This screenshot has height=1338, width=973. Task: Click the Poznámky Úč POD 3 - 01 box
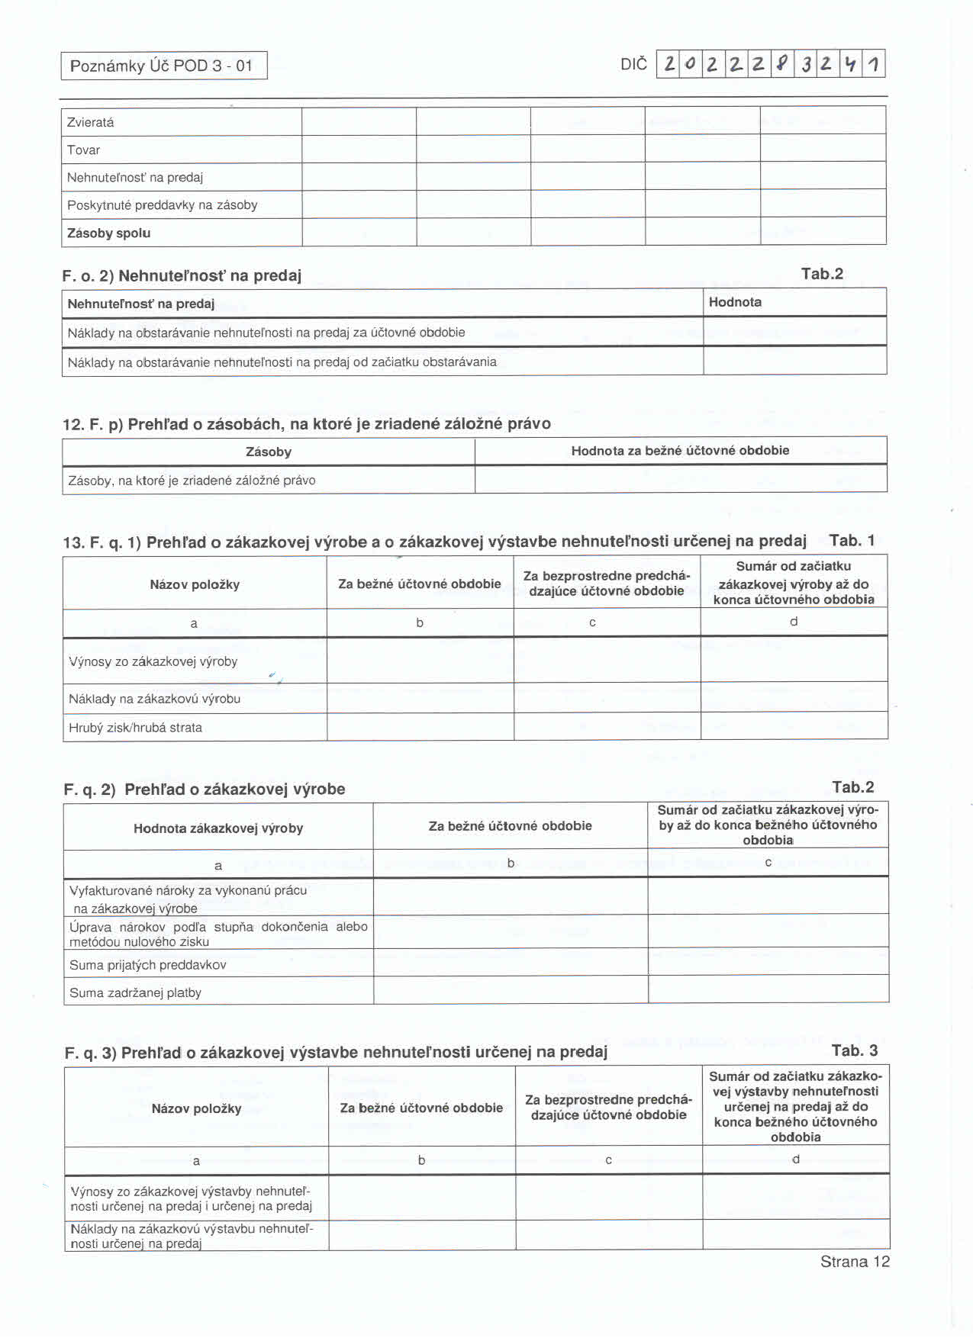(163, 66)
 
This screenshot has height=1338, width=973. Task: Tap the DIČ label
(633, 64)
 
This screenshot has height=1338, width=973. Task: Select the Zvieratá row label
(90, 122)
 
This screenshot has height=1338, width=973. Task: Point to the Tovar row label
(83, 150)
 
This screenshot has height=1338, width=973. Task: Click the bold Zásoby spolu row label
(108, 233)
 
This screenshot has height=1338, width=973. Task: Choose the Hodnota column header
(735, 302)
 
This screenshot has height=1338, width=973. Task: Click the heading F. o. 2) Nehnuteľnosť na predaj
(182, 275)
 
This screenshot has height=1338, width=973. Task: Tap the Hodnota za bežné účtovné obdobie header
(680, 451)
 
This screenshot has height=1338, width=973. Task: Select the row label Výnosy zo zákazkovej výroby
(153, 661)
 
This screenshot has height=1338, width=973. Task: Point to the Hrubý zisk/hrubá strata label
(135, 728)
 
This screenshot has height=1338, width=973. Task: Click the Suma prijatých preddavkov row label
(147, 965)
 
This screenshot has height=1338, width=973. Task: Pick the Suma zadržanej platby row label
(135, 992)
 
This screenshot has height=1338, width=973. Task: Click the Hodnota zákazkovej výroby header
(218, 828)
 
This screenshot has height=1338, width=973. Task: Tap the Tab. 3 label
(855, 1050)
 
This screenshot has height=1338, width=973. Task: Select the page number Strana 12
(855, 1262)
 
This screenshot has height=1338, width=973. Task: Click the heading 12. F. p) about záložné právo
(306, 424)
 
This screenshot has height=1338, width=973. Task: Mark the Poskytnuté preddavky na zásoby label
(162, 205)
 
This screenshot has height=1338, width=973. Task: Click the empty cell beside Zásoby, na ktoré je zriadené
(680, 480)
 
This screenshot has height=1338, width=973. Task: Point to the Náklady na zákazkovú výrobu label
(154, 699)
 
